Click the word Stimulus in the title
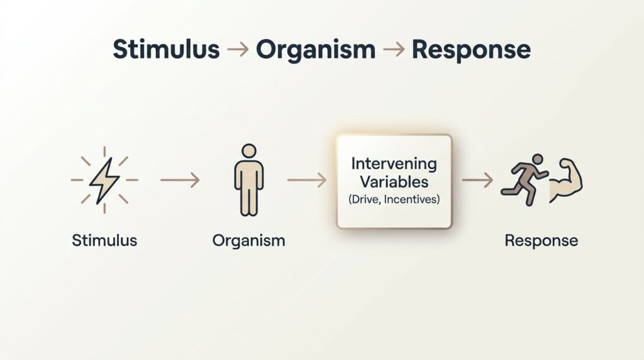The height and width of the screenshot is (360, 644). click(x=165, y=50)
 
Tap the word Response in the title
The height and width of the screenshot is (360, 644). click(x=471, y=50)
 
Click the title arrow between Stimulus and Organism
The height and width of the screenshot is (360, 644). click(x=237, y=50)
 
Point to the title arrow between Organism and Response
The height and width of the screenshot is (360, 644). click(x=393, y=50)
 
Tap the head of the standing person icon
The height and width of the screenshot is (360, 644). click(x=249, y=152)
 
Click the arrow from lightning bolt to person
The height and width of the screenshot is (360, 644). click(x=180, y=181)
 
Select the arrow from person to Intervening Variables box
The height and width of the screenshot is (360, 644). click(x=307, y=181)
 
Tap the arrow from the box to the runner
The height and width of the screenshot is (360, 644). click(x=477, y=181)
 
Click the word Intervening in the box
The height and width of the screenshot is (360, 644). click(x=394, y=164)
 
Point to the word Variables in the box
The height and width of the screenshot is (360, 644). click(x=394, y=182)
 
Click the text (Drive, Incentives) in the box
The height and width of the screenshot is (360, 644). click(x=394, y=199)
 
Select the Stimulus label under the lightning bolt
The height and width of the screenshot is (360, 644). click(x=104, y=240)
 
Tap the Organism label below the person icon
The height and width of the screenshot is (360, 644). click(x=248, y=240)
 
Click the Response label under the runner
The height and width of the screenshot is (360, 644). click(x=541, y=240)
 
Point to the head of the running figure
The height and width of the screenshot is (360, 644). click(x=537, y=159)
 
